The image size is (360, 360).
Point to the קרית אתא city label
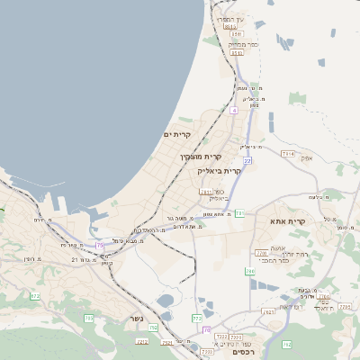click(x=288, y=220)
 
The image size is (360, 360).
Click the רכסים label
click(x=243, y=352)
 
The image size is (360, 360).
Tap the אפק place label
click(x=306, y=158)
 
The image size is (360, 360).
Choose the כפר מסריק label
click(x=243, y=44)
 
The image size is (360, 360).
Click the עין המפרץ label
click(x=229, y=19)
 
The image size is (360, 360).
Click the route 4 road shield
click(x=233, y=110)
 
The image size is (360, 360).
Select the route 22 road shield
click(x=247, y=160)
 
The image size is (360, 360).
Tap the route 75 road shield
click(x=99, y=244)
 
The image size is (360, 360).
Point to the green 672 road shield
click(x=35, y=295)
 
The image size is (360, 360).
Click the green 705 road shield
click(x=89, y=318)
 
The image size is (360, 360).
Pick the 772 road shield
click(x=197, y=318)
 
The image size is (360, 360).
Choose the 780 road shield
click(x=250, y=271)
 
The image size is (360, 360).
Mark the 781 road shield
click(x=239, y=213)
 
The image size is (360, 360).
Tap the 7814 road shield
click(x=287, y=154)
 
